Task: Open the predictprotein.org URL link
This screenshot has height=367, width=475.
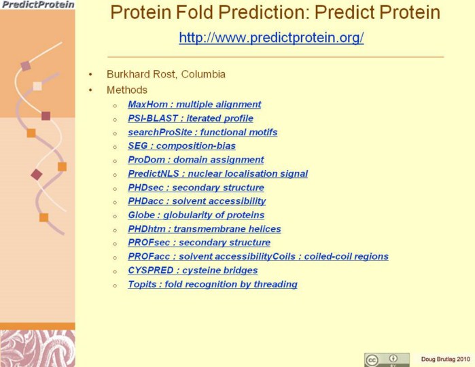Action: [x=271, y=37]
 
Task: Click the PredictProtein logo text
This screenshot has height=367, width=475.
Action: [x=38, y=5]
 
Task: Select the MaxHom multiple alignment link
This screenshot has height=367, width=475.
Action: [x=194, y=104]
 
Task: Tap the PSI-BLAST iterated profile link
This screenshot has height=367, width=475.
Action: [x=190, y=118]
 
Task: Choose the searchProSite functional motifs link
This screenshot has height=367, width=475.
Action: [x=203, y=132]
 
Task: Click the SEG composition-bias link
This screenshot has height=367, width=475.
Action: [x=181, y=145]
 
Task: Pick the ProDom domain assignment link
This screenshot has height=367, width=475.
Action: [x=196, y=160]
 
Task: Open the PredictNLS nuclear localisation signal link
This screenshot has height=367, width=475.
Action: [x=218, y=174]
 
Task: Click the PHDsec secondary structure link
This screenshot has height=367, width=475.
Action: [x=196, y=188]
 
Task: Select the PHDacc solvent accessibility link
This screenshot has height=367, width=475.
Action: [x=197, y=201]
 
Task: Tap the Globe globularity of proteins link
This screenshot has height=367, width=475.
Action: [x=196, y=215]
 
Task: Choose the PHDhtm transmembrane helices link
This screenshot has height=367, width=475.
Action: [x=205, y=229]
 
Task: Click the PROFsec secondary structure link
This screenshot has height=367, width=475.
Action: [x=199, y=243]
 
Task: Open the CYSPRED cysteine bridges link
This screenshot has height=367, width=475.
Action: [x=193, y=270]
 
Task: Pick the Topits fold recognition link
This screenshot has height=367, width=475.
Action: [x=213, y=284]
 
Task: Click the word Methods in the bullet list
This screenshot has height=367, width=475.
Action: [x=127, y=90]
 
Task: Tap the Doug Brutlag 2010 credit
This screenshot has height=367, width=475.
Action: [x=446, y=359]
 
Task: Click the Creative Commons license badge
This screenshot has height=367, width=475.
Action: [x=387, y=360]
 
